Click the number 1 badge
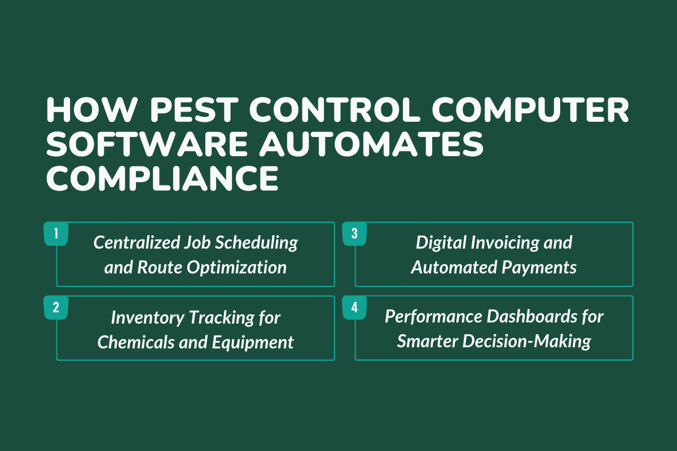coord(56,233)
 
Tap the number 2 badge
coord(56,307)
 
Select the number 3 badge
coord(354,233)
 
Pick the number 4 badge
coord(354,307)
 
